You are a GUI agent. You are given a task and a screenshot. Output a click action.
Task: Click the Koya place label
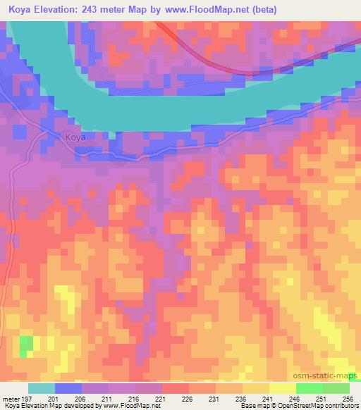(x=75, y=137)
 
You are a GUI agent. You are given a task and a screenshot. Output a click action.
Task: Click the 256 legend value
(x=347, y=398)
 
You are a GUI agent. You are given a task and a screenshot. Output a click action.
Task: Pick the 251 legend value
(x=322, y=398)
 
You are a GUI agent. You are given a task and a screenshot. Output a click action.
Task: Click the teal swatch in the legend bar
(x=42, y=388)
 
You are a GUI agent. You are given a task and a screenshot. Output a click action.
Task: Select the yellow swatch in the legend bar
(x=282, y=388)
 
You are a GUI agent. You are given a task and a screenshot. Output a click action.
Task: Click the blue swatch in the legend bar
(x=68, y=388)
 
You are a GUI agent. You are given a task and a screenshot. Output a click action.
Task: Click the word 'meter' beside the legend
(x=11, y=398)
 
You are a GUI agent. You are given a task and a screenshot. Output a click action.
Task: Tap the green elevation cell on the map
(x=26, y=346)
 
